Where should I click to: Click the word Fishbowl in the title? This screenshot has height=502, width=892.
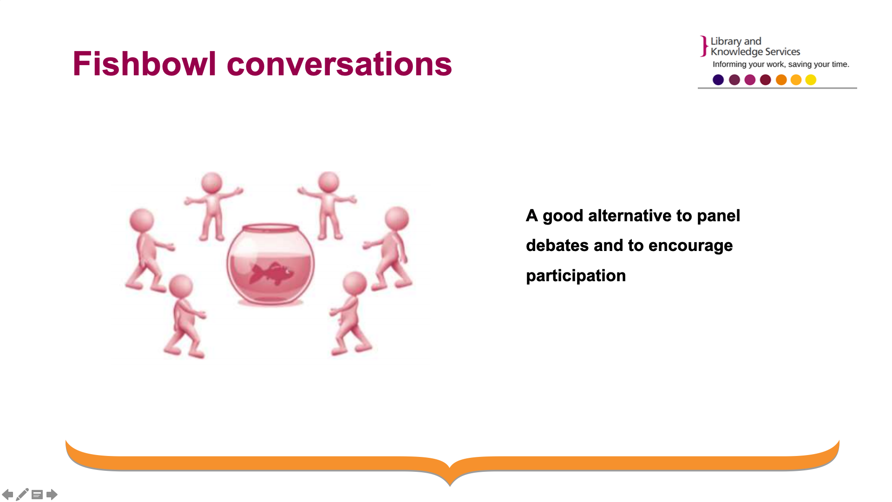click(x=144, y=64)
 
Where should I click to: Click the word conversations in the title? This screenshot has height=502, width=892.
click(x=339, y=64)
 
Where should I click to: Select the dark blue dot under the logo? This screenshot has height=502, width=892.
click(x=718, y=80)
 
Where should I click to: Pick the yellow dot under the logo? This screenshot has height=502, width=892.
click(x=811, y=80)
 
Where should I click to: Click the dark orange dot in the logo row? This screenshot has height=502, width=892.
click(x=781, y=80)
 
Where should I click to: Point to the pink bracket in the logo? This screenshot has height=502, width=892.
click(x=704, y=46)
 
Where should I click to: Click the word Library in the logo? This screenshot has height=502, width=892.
click(x=726, y=41)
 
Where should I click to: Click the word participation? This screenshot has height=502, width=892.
click(x=576, y=276)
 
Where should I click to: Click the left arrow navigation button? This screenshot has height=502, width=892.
click(x=7, y=494)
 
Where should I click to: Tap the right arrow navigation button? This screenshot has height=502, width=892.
click(x=52, y=494)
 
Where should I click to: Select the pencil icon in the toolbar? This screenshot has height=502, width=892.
click(x=22, y=494)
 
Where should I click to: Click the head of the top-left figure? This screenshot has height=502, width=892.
click(x=212, y=183)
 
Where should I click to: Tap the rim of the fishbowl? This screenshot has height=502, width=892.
click(x=270, y=228)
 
